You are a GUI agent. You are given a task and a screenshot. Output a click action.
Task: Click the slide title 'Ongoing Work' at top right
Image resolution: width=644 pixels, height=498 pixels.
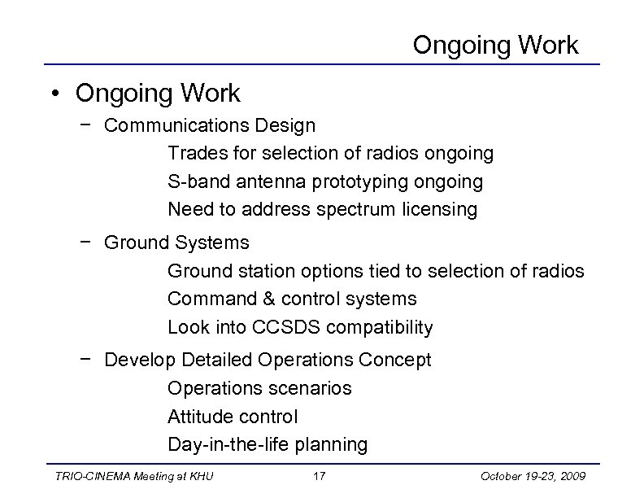click(x=495, y=45)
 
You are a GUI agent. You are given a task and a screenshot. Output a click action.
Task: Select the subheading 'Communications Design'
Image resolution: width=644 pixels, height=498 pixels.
click(x=211, y=126)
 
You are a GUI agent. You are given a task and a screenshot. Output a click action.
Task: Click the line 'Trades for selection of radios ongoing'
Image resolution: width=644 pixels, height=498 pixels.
click(x=330, y=153)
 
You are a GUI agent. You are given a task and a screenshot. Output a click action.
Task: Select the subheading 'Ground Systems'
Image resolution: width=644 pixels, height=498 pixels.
click(x=177, y=242)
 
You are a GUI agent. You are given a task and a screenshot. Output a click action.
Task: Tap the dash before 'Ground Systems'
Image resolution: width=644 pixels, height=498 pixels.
click(x=86, y=242)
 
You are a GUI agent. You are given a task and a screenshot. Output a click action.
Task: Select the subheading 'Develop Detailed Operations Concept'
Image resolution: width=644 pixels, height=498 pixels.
click(x=268, y=360)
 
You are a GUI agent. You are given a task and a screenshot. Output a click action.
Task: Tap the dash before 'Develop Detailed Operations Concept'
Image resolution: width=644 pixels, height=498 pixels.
click(x=86, y=360)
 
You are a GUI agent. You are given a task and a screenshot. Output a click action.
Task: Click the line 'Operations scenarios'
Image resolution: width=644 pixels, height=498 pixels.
click(x=259, y=388)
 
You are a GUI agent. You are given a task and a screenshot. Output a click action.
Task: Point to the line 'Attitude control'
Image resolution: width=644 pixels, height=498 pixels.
click(x=233, y=417)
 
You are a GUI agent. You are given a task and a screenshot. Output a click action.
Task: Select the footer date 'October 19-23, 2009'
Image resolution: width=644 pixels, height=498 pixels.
click(x=537, y=475)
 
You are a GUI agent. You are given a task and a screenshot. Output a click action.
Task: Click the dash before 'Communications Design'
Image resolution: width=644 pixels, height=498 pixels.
click(x=86, y=126)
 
